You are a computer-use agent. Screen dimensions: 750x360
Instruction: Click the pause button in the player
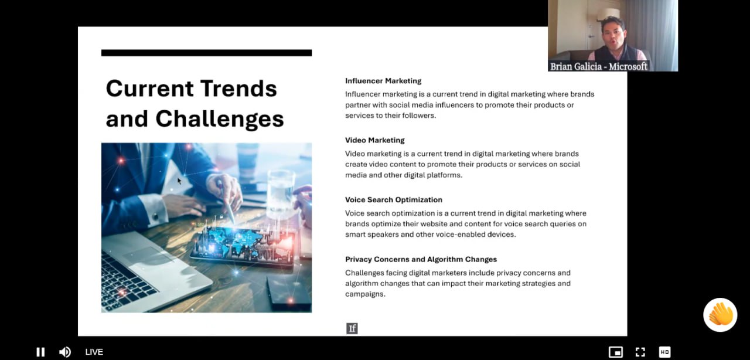40,352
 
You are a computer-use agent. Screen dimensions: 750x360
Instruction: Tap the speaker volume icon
65,352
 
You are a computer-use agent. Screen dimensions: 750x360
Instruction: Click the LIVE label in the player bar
94,352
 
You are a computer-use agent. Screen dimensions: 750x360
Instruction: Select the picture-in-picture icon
616,352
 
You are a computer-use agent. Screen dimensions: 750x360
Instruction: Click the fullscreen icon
640,352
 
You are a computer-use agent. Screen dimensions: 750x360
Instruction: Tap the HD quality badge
664,352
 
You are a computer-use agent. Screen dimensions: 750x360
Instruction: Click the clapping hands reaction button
720,315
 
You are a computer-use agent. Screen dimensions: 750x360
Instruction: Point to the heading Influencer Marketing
383,81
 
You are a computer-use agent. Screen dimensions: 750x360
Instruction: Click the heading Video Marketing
374,140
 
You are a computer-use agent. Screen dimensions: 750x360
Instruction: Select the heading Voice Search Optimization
394,200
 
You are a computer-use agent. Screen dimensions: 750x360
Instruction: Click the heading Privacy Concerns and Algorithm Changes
421,259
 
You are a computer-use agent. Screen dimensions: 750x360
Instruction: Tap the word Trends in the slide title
238,89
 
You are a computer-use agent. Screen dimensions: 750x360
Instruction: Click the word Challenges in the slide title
220,119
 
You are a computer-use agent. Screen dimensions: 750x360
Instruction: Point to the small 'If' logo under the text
352,328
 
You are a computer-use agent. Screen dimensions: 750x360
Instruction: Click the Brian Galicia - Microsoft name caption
599,66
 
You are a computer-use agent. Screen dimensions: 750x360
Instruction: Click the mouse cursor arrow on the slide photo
179,181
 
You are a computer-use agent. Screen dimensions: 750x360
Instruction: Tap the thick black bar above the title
207,53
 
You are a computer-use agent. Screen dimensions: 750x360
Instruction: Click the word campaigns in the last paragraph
365,294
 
